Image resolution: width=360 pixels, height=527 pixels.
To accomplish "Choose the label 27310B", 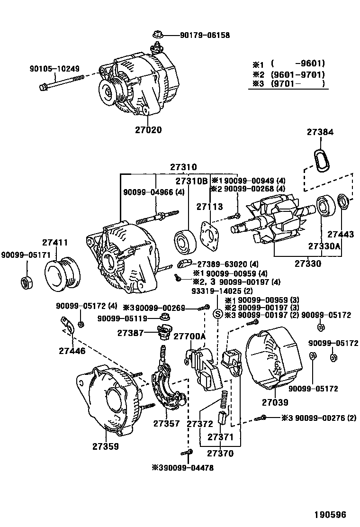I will click(x=192, y=181).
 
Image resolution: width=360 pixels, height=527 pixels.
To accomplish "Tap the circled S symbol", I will click(x=217, y=313).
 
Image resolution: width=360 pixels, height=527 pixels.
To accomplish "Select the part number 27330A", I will click(x=324, y=246).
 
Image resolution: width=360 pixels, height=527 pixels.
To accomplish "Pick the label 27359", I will click(x=105, y=446).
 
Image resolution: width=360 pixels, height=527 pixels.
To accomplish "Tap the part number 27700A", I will click(x=189, y=336).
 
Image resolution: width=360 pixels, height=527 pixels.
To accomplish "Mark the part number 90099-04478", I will click(x=182, y=468).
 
